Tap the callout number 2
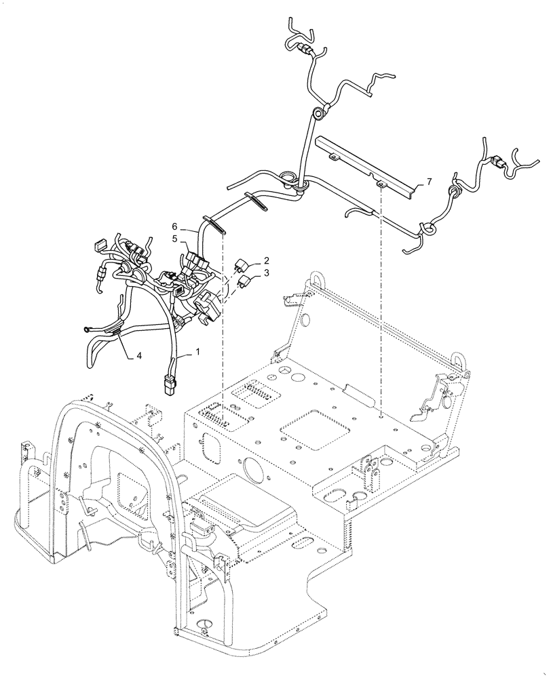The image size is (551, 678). pyautogui.click(x=267, y=260)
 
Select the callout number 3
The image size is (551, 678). pyautogui.click(x=267, y=273)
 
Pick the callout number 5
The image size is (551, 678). pyautogui.click(x=174, y=239)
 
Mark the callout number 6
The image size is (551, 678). pyautogui.click(x=174, y=226)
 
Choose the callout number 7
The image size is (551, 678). pyautogui.click(x=428, y=182)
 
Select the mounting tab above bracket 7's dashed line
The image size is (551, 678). pyautogui.click(x=381, y=183)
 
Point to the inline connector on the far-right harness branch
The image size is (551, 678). pyautogui.click(x=497, y=163)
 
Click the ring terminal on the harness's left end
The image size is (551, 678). pyautogui.click(x=87, y=330)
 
